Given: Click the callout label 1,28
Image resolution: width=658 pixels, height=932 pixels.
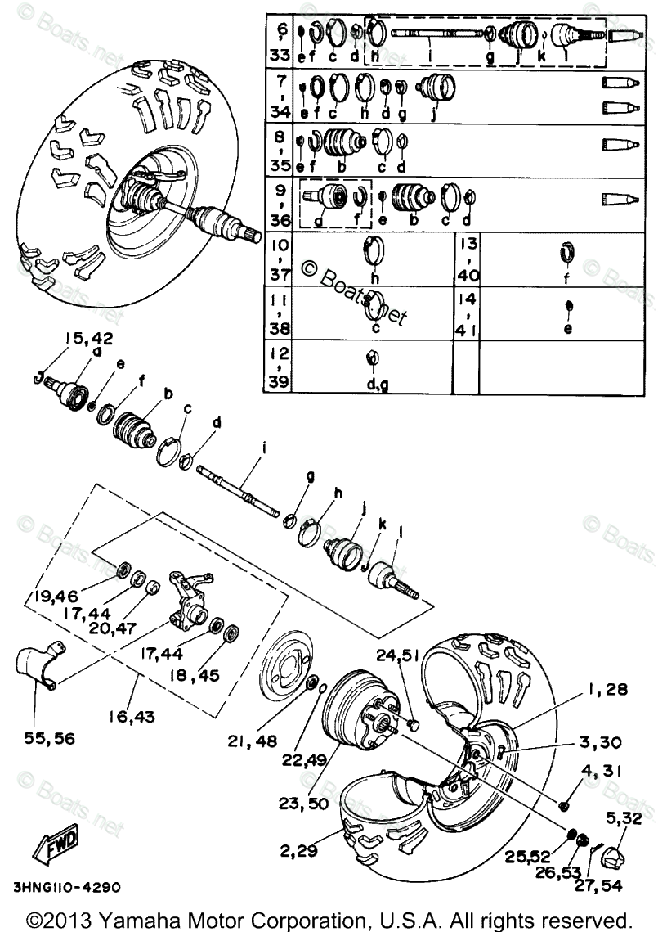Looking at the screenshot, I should coord(607,689).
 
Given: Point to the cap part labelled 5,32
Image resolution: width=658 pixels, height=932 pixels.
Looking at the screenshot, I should coord(615,858).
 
